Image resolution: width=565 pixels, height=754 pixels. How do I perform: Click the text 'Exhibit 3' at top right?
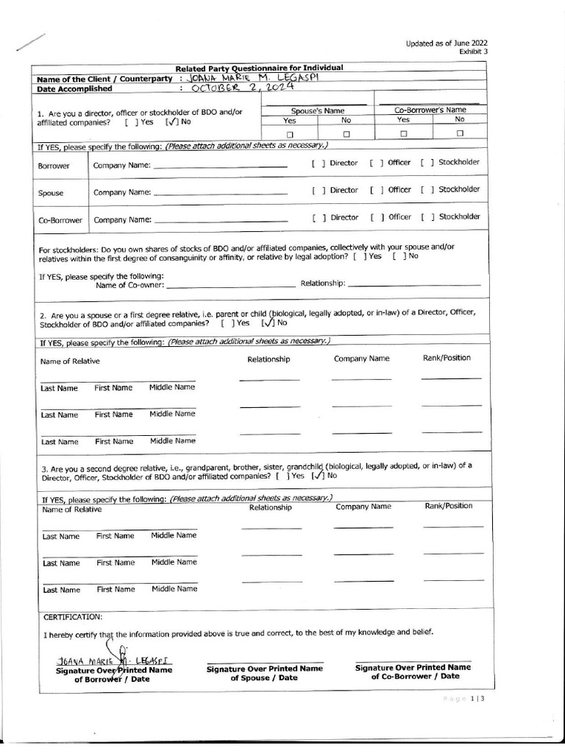(x=473, y=52)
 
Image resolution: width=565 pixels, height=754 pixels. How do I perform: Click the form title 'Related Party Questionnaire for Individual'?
(x=259, y=68)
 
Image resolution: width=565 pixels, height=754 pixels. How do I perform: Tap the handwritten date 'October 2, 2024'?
(x=242, y=88)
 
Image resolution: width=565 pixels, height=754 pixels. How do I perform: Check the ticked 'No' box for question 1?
(x=170, y=122)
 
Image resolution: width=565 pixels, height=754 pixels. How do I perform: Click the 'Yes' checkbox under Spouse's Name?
(x=290, y=134)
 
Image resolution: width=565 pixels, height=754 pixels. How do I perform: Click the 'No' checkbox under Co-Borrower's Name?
(x=460, y=134)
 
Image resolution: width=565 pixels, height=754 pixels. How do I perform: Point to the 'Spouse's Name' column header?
(x=318, y=109)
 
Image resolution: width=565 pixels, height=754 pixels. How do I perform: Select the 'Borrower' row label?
(x=54, y=166)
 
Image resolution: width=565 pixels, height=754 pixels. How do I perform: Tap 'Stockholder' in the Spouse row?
(x=459, y=189)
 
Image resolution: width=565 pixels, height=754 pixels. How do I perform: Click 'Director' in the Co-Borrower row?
(x=344, y=217)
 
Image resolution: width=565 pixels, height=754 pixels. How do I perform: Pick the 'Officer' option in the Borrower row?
(x=399, y=162)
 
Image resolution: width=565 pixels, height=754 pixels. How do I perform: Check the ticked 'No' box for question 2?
(x=269, y=323)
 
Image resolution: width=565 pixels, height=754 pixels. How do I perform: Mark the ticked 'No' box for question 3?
(x=318, y=476)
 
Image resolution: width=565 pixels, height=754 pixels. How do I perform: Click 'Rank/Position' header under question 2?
(x=447, y=358)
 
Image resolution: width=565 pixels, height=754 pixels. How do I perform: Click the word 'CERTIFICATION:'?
(x=73, y=616)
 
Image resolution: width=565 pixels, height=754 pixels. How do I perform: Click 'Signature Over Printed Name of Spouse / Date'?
(x=264, y=672)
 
